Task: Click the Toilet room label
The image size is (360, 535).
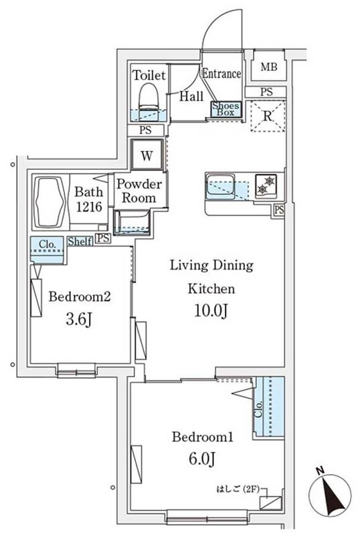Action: pyautogui.click(x=147, y=75)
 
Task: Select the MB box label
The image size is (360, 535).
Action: pyautogui.click(x=268, y=66)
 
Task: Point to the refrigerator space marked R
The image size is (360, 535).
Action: pyautogui.click(x=267, y=116)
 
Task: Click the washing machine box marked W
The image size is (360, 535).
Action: pyautogui.click(x=147, y=156)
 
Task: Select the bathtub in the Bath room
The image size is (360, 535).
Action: pyautogui.click(x=52, y=201)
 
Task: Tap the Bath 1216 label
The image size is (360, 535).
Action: pyautogui.click(x=88, y=199)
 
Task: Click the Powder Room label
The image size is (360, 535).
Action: pyautogui.click(x=139, y=191)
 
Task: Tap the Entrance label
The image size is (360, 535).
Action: pyautogui.click(x=221, y=74)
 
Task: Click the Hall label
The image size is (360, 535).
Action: pyautogui.click(x=191, y=96)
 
